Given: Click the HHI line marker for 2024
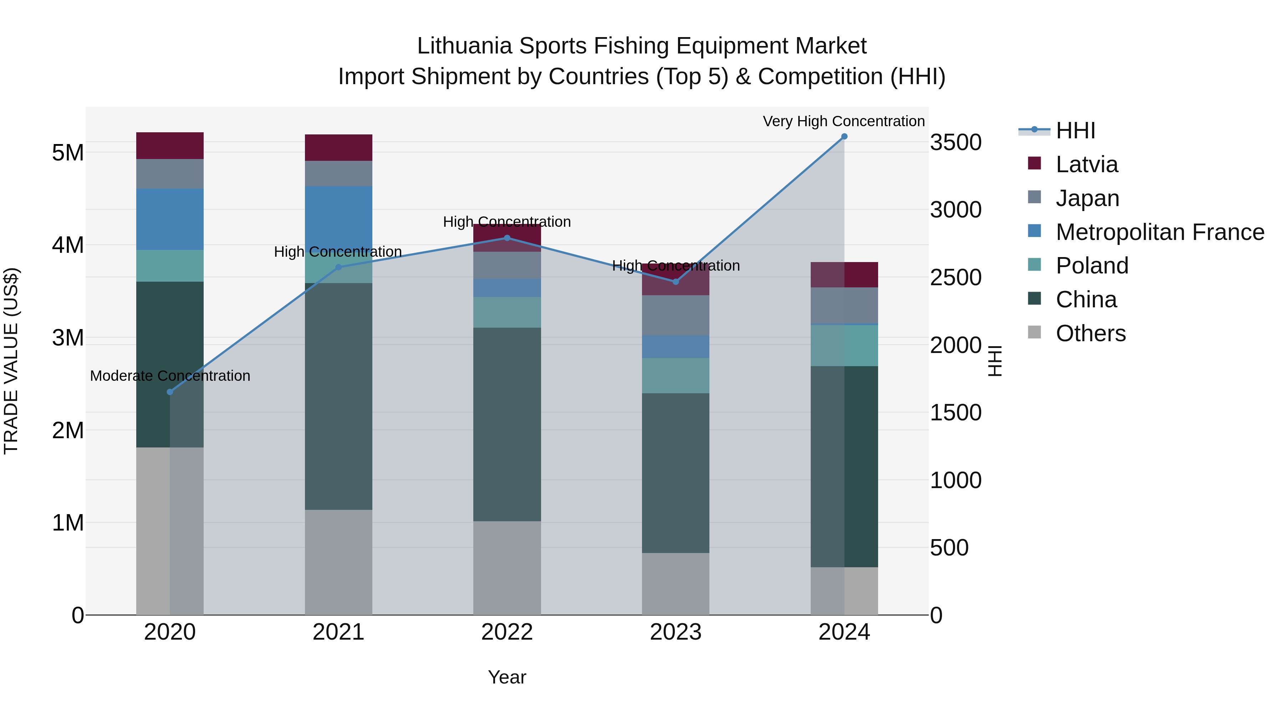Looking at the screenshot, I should pyautogui.click(x=844, y=136).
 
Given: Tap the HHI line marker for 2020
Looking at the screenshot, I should pyautogui.click(x=170, y=391).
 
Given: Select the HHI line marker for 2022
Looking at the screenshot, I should pyautogui.click(x=507, y=238).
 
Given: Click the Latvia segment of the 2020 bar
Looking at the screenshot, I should pyautogui.click(x=170, y=145).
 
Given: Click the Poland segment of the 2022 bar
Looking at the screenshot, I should pyautogui.click(x=507, y=312).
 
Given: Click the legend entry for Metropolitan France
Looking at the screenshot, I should pyautogui.click(x=1160, y=232).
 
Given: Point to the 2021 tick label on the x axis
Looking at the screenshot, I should pyautogui.click(x=338, y=632).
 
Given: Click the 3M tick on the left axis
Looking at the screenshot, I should pyautogui.click(x=68, y=338).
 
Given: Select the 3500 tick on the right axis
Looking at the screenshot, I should pyautogui.click(x=956, y=143).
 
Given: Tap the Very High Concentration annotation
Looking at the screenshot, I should pyautogui.click(x=844, y=121).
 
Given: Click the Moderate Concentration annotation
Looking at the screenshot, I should pyautogui.click(x=170, y=376).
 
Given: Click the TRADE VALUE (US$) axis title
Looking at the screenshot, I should pyautogui.click(x=11, y=361).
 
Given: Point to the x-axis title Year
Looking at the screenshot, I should pyautogui.click(x=507, y=677).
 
